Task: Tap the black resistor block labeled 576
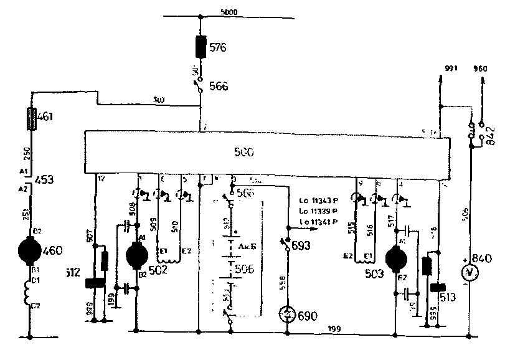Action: (x=201, y=47)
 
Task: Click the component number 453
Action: (x=45, y=180)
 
